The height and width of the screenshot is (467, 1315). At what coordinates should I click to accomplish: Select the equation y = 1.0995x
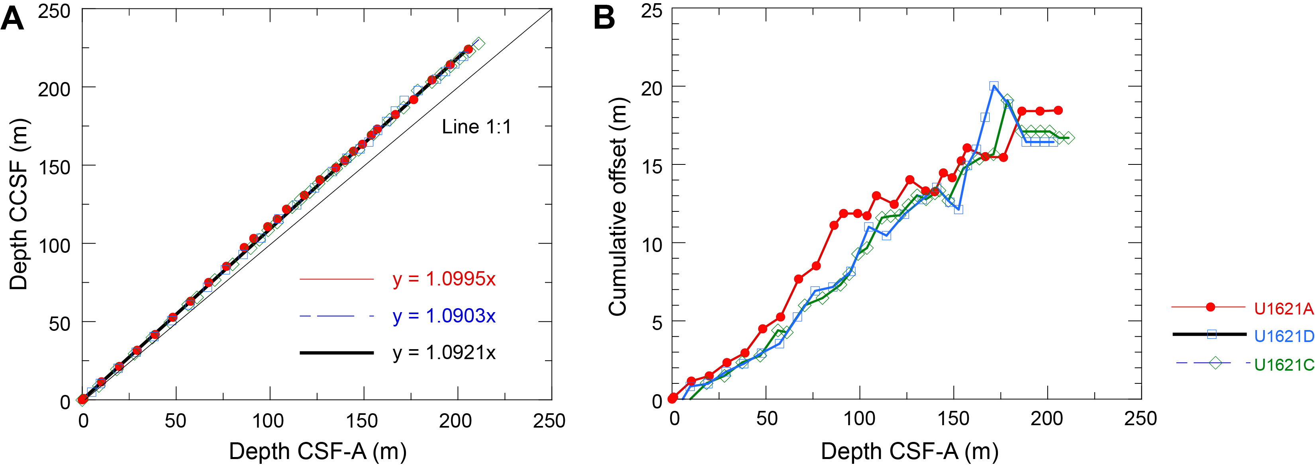point(444,279)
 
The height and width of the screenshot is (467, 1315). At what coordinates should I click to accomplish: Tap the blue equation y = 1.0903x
point(444,316)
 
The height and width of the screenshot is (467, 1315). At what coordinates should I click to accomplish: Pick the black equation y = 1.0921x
point(444,353)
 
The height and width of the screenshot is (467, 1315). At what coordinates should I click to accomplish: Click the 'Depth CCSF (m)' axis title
point(18,204)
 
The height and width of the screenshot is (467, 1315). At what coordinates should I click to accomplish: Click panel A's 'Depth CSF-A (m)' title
point(317,451)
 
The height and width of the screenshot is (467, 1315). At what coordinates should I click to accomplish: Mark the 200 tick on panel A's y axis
point(54,89)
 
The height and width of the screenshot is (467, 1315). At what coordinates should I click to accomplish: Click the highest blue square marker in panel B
point(994,86)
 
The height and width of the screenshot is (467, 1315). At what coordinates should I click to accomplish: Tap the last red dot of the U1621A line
point(1058,110)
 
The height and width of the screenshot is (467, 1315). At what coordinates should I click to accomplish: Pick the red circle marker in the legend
point(1210,307)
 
